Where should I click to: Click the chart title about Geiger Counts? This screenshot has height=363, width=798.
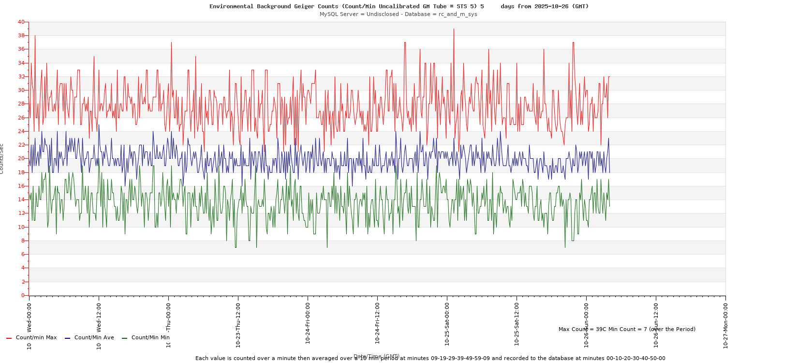pos(399,6)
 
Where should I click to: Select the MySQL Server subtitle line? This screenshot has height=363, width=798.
pos(398,14)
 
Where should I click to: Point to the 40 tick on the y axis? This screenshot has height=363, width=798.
pos(21,22)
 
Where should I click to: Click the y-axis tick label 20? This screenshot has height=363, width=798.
pos(21,159)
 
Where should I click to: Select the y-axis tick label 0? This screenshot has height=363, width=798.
pos(22,295)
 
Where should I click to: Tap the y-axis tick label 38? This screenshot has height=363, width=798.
pos(21,36)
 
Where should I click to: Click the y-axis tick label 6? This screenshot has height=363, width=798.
pos(22,254)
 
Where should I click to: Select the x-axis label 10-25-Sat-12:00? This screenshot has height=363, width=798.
pos(517,324)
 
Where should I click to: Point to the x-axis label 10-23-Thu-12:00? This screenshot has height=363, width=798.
pos(238,324)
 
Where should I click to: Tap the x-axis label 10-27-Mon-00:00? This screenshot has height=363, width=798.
pos(726,324)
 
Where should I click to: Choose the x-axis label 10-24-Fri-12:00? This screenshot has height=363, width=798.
pos(378,324)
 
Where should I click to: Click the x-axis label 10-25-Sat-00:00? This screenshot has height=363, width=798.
pos(447,324)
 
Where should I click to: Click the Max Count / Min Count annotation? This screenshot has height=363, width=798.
pos(627,329)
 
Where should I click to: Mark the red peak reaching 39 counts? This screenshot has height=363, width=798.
pos(454,29)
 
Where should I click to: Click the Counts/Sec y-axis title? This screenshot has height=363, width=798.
pos(2,159)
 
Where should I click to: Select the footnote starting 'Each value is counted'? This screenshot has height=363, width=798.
pos(430,359)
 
